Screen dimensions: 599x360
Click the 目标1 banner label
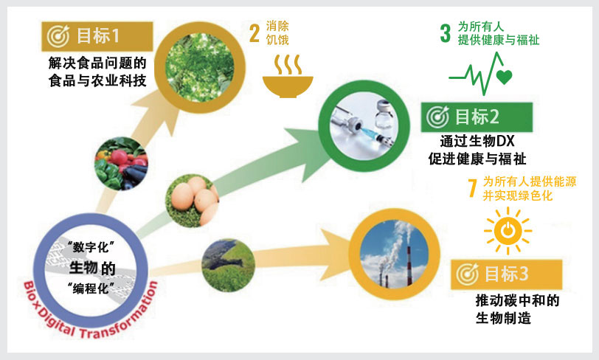coord(97,36)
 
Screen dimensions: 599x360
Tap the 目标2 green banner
coord(477,117)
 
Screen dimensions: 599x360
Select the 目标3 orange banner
coord(506,274)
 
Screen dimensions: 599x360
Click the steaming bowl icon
coord(288,77)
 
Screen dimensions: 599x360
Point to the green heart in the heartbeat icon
coord(505,77)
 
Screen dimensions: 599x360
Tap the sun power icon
coord(508,231)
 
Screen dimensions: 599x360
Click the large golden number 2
coord(255,33)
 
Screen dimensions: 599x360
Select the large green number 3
coord(445,33)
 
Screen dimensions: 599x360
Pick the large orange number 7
coord(473,188)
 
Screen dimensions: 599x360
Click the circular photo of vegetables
coord(121,164)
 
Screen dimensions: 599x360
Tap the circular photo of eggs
coord(192,201)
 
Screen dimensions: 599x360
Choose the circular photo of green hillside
coord(228,266)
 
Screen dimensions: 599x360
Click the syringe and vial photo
coord(364,126)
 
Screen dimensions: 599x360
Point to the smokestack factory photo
coord(394,254)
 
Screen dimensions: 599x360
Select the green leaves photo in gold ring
coord(199,67)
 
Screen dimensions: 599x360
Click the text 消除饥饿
coord(277,33)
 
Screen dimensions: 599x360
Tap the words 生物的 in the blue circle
coord(92,268)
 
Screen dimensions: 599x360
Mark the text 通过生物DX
coord(477,141)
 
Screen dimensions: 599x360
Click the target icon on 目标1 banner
coord(58,36)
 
